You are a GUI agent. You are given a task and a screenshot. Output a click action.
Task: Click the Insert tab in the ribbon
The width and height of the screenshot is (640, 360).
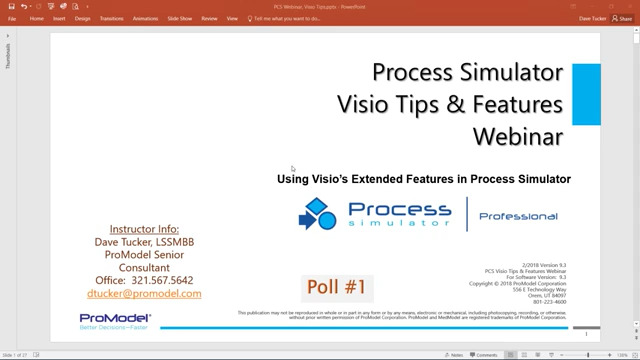pyautogui.click(x=59, y=18)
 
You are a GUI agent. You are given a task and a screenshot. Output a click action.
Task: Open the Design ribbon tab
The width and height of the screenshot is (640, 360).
pyautogui.click(x=83, y=18)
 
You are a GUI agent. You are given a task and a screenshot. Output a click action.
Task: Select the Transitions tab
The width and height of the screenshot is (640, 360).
pyautogui.click(x=112, y=18)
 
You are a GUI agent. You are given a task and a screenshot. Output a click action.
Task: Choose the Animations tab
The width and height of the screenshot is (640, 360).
pyautogui.click(x=144, y=18)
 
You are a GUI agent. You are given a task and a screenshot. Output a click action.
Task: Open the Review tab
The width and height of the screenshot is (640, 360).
pyautogui.click(x=209, y=18)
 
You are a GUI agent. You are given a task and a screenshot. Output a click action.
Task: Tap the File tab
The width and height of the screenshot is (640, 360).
pyautogui.click(x=12, y=18)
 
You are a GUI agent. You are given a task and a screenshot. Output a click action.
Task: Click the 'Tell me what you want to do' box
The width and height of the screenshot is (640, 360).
pyautogui.click(x=290, y=18)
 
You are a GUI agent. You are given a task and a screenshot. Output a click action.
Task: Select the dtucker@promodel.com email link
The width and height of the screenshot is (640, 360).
pyautogui.click(x=145, y=294)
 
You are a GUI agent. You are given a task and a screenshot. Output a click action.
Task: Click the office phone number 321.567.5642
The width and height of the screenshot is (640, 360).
pyautogui.click(x=160, y=280)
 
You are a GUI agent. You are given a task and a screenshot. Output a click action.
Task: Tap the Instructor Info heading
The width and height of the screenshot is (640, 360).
pyautogui.click(x=144, y=229)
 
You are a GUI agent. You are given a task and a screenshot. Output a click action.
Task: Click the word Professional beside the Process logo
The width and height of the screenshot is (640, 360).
pyautogui.click(x=518, y=216)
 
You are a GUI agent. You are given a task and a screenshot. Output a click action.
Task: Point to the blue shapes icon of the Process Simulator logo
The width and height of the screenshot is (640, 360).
pyautogui.click(x=317, y=214)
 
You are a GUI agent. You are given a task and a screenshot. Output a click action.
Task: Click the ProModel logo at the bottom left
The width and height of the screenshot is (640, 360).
pyautogui.click(x=115, y=320)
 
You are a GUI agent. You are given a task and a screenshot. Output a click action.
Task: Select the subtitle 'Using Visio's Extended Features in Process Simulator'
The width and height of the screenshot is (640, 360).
pyautogui.click(x=424, y=179)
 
